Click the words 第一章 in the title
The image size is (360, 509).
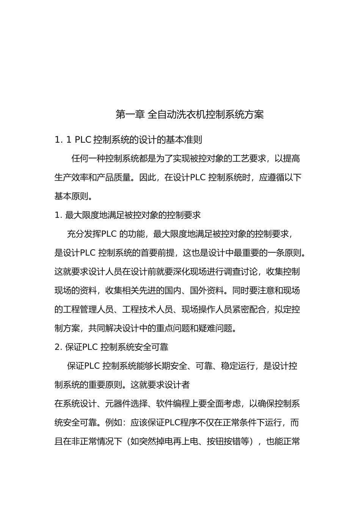click(x=129, y=114)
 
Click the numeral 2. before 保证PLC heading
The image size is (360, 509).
click(x=59, y=347)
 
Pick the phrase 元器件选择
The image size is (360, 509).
click(x=118, y=404)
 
